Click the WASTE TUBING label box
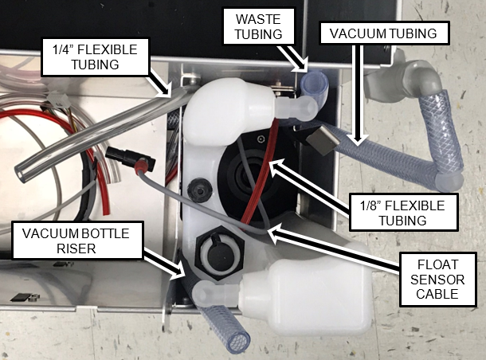pyautogui.click(x=258, y=26)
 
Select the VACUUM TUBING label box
pyautogui.click(x=384, y=33)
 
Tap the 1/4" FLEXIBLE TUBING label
pyautogui.click(x=95, y=57)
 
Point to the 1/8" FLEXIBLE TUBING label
pyautogui.click(x=403, y=213)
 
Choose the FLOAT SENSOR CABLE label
pyautogui.click(x=437, y=279)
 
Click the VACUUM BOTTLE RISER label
pyautogui.click(x=76, y=241)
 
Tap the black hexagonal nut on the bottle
pyautogui.click(x=219, y=252)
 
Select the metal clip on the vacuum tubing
pyautogui.click(x=323, y=141)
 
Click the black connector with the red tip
pyautogui.click(x=131, y=159)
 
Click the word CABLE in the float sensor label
pyautogui.click(x=437, y=294)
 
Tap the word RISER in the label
pyautogui.click(x=76, y=248)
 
